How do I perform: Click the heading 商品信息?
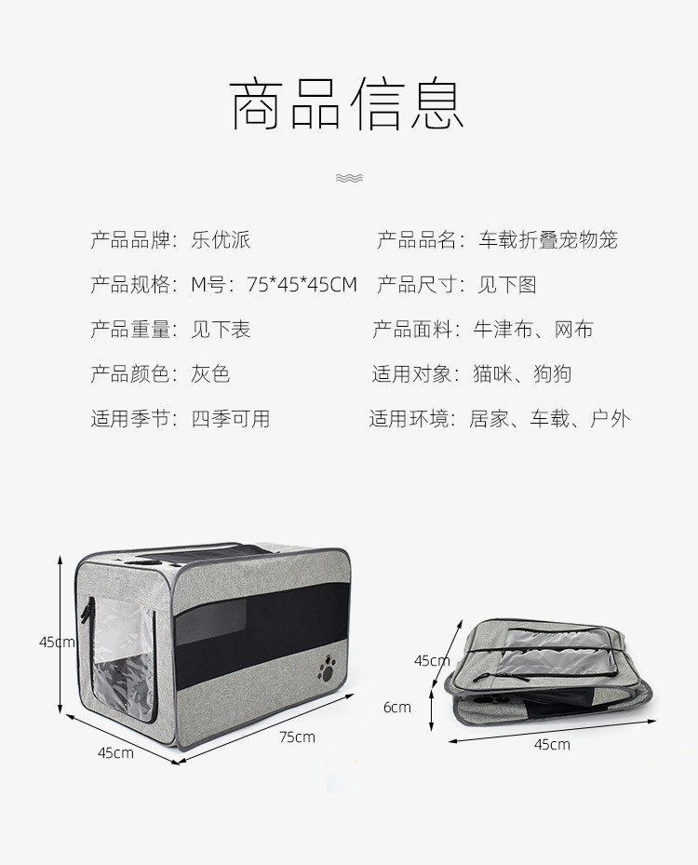pos(347,105)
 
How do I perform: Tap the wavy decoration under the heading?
pos(349,178)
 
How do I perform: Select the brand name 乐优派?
pos(221,240)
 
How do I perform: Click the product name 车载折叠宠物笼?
pos(548,240)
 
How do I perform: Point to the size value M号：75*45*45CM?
pos(275,285)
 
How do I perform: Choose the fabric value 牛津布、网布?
pos(533,330)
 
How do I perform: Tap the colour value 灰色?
pos(210,374)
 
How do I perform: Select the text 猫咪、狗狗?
pos(522,374)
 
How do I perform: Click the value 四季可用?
pos(231,419)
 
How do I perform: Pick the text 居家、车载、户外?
pos(550,419)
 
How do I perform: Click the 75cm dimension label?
pos(297,737)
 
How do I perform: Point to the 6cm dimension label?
pos(396,707)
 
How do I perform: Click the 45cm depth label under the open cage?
pos(115,752)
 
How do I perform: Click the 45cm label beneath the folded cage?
pos(552,744)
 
